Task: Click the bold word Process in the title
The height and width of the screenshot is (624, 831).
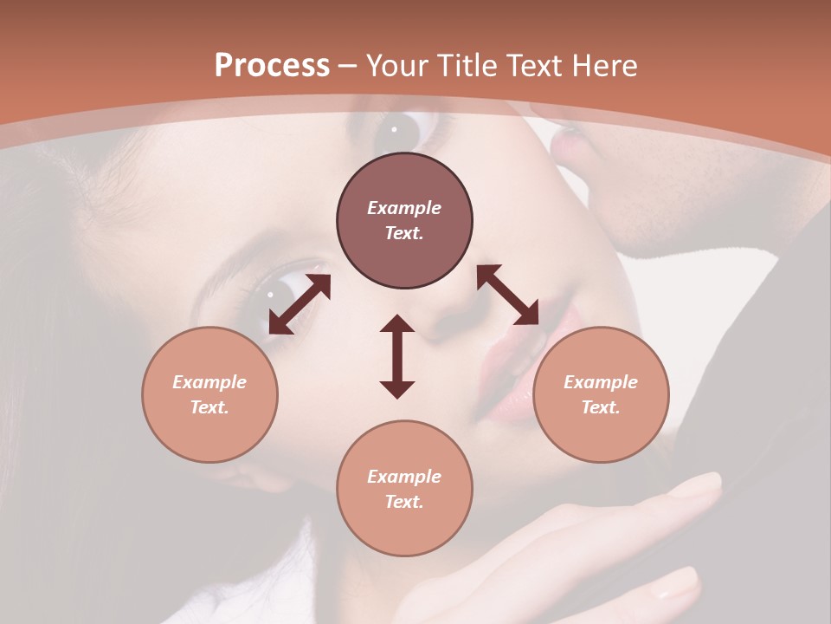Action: pyautogui.click(x=272, y=66)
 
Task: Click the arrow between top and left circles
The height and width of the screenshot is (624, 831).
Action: pyautogui.click(x=300, y=304)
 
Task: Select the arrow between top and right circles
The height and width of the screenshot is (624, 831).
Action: pyautogui.click(x=507, y=295)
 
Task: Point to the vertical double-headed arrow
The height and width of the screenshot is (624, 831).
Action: pyautogui.click(x=397, y=356)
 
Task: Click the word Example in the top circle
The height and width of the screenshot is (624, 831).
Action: pyautogui.click(x=404, y=208)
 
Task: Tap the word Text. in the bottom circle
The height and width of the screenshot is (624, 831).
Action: pyautogui.click(x=404, y=502)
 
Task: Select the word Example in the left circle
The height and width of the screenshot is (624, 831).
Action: pyautogui.click(x=209, y=382)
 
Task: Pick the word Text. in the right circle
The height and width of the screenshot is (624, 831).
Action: pyautogui.click(x=601, y=407)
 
